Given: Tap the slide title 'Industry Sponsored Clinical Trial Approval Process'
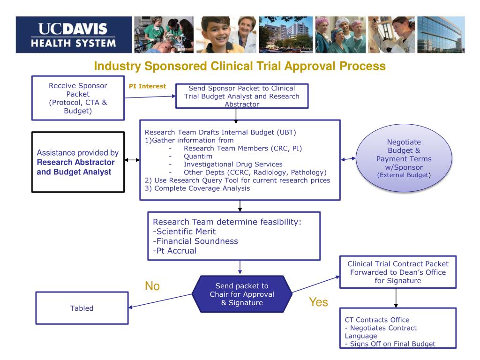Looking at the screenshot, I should [x=240, y=67].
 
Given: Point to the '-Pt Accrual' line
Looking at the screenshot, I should [x=174, y=251].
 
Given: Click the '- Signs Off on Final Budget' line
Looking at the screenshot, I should [x=390, y=344].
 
